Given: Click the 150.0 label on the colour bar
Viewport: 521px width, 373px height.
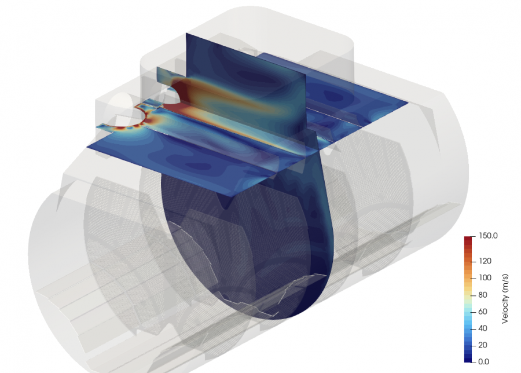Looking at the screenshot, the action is pyautogui.click(x=488, y=236).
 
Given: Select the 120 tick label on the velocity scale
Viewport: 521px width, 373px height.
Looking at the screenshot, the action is pyautogui.click(x=485, y=261).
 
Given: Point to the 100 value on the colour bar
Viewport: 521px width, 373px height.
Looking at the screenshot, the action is pyautogui.click(x=485, y=277).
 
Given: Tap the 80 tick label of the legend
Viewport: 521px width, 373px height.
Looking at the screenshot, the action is pyautogui.click(x=483, y=295).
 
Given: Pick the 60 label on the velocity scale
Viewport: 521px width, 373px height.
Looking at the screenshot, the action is pyautogui.click(x=483, y=312).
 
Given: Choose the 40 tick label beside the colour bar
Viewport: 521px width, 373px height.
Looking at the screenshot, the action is pyautogui.click(x=483, y=328).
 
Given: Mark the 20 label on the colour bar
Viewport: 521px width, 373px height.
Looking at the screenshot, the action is pyautogui.click(x=483, y=345).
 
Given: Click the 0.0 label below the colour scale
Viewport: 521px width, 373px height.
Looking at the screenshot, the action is pyautogui.click(x=483, y=361).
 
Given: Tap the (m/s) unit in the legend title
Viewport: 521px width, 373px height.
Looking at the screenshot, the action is pyautogui.click(x=505, y=283).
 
